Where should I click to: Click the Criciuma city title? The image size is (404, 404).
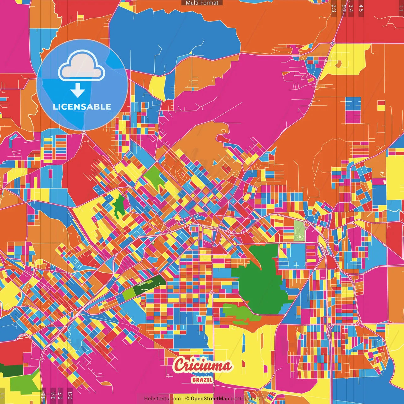(x=202, y=365)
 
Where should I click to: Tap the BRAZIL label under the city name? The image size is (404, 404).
(x=202, y=380)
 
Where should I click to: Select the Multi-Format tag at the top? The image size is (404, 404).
(x=202, y=3)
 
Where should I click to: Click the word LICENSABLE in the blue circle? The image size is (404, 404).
(x=82, y=107)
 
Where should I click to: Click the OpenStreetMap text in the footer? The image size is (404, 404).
(x=210, y=399)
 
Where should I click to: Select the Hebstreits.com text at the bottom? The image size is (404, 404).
(x=162, y=399)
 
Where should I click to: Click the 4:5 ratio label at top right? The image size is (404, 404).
(x=361, y=8)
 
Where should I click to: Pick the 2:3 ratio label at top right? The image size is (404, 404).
(x=334, y=8)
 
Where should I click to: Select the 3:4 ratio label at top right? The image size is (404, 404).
(x=351, y=8)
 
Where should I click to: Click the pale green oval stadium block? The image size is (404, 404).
(x=299, y=231)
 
